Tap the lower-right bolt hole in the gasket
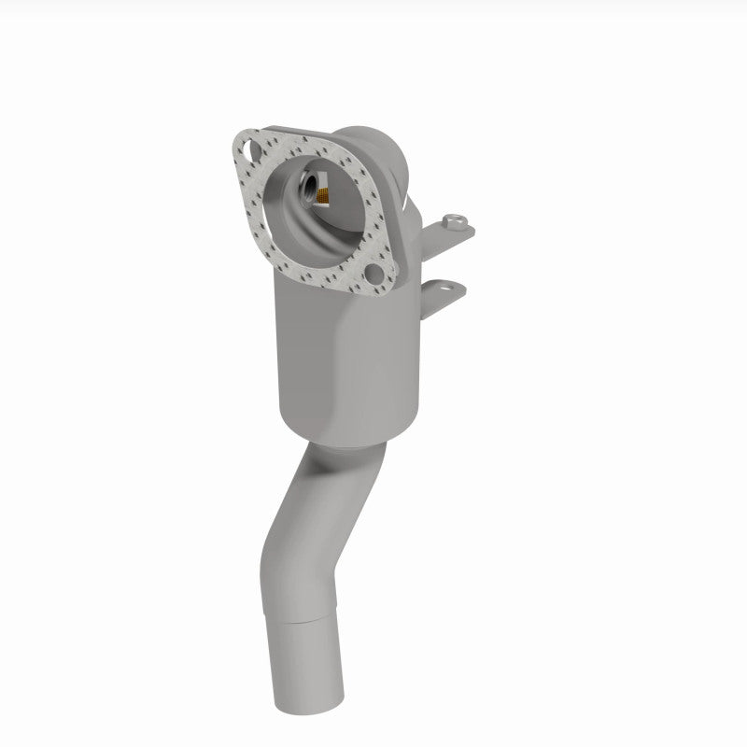pos(375,275)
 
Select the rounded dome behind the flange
pos(373,145)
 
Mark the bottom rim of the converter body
pos(345,439)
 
